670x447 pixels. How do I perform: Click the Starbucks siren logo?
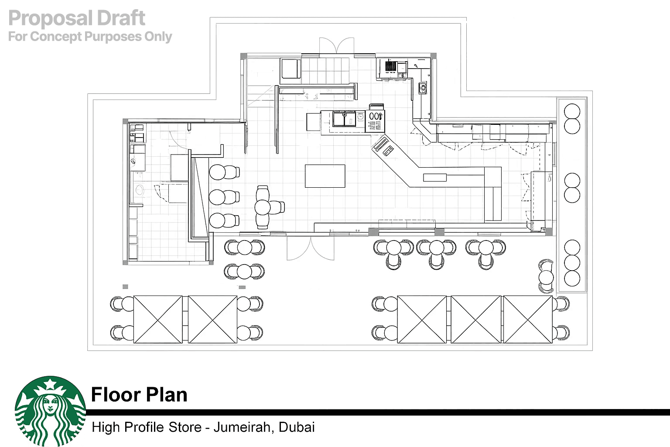pyautogui.click(x=50, y=411)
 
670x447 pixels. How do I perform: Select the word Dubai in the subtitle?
pyautogui.click(x=297, y=427)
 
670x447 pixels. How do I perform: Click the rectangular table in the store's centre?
pyautogui.click(x=325, y=176)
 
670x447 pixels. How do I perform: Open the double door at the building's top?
pyautogui.click(x=337, y=45)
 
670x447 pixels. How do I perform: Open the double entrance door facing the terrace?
pyautogui.click(x=311, y=248)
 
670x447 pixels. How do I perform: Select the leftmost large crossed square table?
pyautogui.click(x=158, y=319)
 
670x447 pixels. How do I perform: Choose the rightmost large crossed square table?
pyautogui.click(x=528, y=319)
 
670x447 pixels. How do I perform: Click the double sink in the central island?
pyautogui.click(x=344, y=119)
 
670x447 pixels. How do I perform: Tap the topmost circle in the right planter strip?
pyautogui.click(x=572, y=111)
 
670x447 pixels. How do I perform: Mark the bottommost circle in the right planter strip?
pyautogui.click(x=572, y=278)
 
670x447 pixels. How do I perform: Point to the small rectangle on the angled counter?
pyautogui.click(x=435, y=178)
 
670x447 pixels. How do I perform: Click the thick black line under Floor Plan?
pyautogui.click(x=378, y=412)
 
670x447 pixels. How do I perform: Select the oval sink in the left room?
pyautogui.click(x=140, y=190)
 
